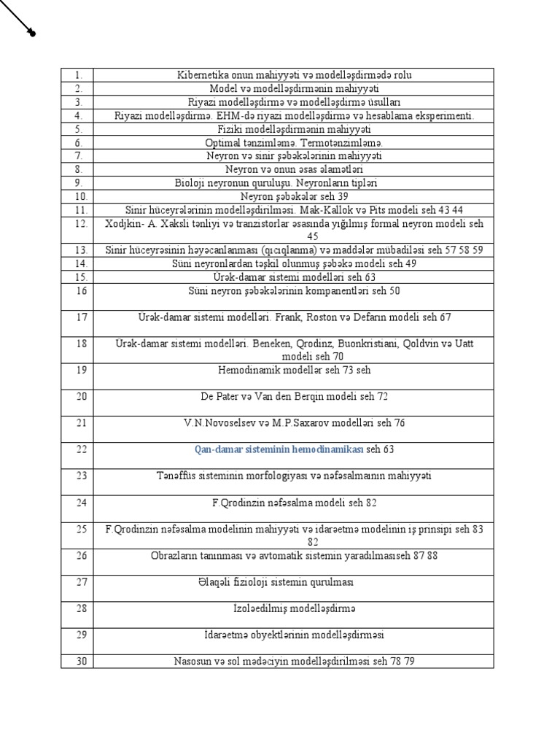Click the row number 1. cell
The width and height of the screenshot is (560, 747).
click(78, 75)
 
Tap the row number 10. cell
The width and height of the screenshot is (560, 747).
click(78, 196)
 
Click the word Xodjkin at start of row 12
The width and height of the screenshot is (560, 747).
click(123, 223)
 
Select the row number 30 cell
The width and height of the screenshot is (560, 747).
click(79, 661)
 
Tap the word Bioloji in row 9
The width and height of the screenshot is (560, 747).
click(192, 183)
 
